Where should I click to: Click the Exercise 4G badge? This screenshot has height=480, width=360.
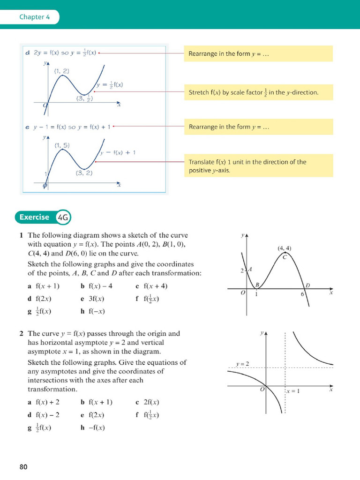[x=44, y=217]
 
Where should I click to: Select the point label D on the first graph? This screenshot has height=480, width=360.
[x=308, y=285]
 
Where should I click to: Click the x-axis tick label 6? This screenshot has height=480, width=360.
[x=302, y=294]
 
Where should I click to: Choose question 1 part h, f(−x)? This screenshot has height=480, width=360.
[x=93, y=311]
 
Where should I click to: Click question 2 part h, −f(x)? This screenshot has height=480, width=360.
[x=93, y=427]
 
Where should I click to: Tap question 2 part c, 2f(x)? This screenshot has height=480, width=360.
[x=148, y=402]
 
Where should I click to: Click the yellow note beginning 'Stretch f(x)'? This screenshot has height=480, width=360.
[x=258, y=92]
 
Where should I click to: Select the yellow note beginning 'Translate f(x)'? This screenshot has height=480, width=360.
[x=258, y=166]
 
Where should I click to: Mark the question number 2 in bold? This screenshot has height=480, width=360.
[x=22, y=334]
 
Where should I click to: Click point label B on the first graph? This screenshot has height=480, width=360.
[x=257, y=285]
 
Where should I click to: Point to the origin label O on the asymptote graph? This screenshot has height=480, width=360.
[x=262, y=390]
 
